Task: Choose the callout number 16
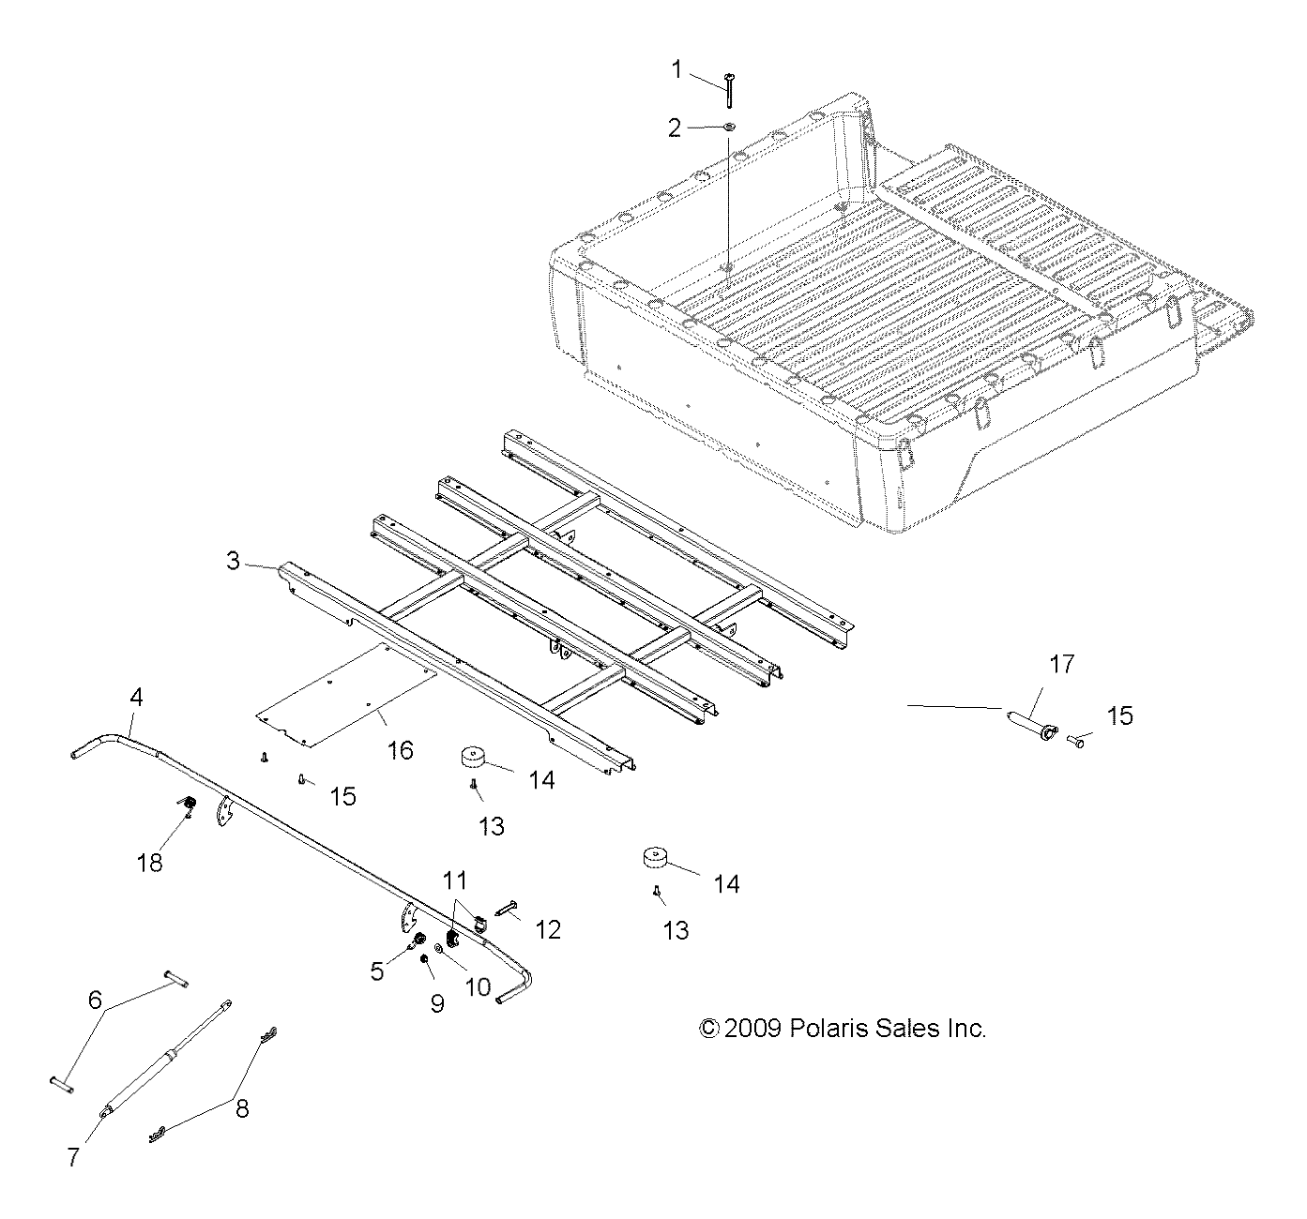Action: pos(400,750)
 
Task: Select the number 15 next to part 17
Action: pos(1119,716)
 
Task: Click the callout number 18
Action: pos(149,862)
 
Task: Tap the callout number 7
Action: pos(72,1157)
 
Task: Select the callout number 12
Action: pos(548,929)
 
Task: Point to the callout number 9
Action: pos(437,1002)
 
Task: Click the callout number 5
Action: pos(376,971)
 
